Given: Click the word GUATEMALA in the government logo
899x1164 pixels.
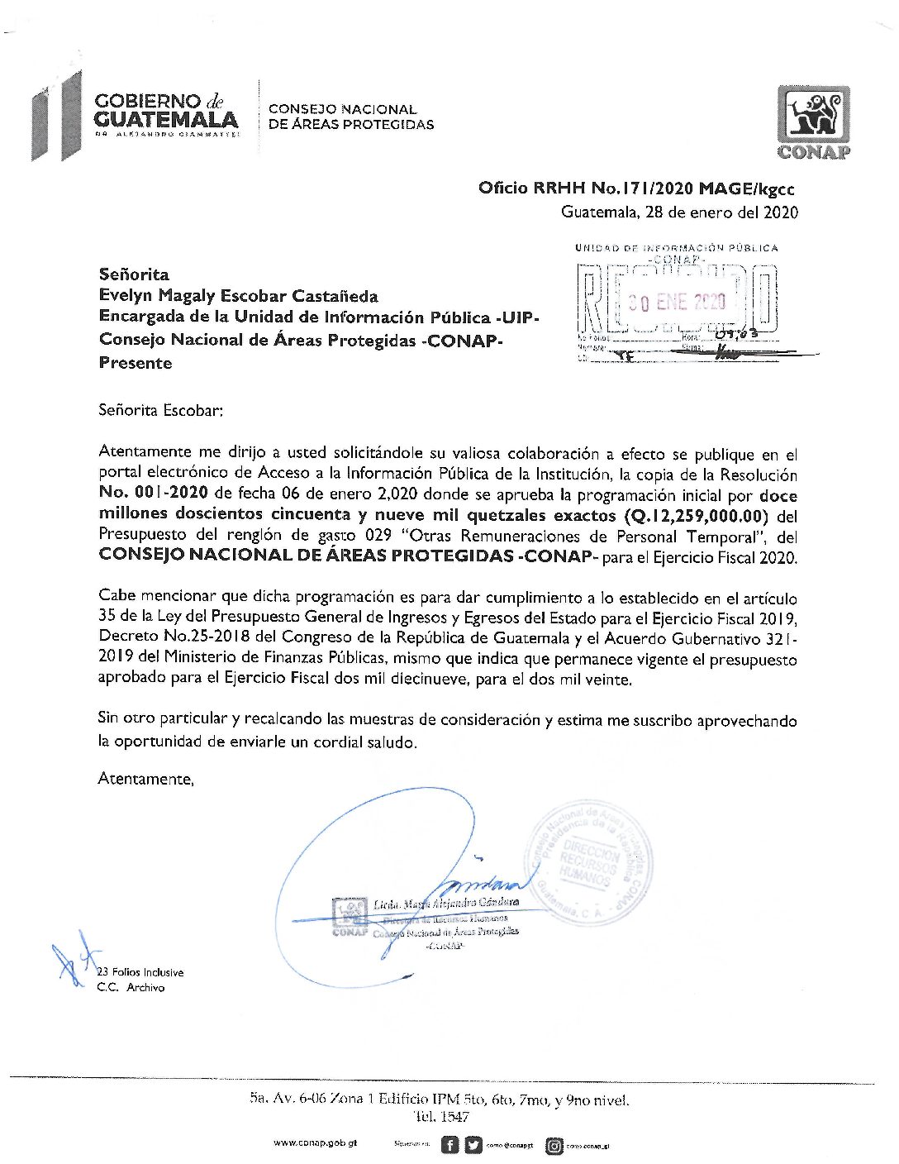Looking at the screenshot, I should pyautogui.click(x=165, y=120).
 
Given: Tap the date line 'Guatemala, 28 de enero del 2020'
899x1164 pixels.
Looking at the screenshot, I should pyautogui.click(x=679, y=212).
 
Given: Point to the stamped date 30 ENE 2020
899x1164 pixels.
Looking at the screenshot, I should pyautogui.click(x=676, y=302).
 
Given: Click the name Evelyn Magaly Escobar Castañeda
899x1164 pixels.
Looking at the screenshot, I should pyautogui.click(x=238, y=296).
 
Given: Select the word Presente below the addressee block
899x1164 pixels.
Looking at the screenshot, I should pyautogui.click(x=136, y=363).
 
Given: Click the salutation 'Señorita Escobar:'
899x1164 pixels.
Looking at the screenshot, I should pyautogui.click(x=160, y=410).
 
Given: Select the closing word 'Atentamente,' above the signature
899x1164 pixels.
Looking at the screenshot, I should pyautogui.click(x=145, y=778).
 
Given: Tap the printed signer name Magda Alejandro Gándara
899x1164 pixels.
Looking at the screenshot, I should pyautogui.click(x=446, y=904).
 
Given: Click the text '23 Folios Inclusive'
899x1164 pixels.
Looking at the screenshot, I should pyautogui.click(x=140, y=972).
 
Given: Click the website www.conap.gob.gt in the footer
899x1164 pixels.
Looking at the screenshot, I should pyautogui.click(x=315, y=1143).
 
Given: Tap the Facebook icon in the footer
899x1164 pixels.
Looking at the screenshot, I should pyautogui.click(x=449, y=1145).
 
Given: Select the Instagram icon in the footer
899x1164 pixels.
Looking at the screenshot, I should pyautogui.click(x=554, y=1146).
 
